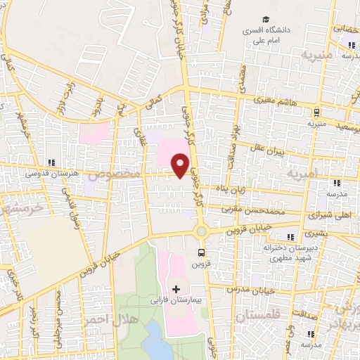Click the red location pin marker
tap(181, 165)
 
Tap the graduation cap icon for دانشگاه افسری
tap(266, 19)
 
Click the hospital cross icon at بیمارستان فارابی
tap(175, 288)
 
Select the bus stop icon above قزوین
tap(202, 251)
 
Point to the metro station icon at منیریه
tap(318, 110)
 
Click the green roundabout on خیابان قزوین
tap(202, 231)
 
